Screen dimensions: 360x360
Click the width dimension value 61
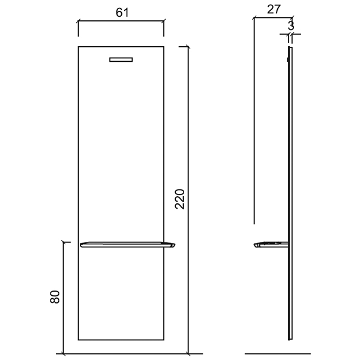click(x=122, y=13)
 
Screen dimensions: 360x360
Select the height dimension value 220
click(x=180, y=199)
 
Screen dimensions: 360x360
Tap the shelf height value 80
click(x=55, y=297)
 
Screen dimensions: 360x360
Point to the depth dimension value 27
click(x=274, y=10)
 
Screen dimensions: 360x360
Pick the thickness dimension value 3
click(x=291, y=26)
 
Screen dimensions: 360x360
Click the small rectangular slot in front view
click(x=121, y=59)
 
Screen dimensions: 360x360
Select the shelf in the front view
click(x=127, y=245)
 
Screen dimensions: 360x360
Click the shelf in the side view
click(x=271, y=245)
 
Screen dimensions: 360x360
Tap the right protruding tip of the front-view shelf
click(x=175, y=244)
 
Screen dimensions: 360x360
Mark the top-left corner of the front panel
click(x=78, y=47)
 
